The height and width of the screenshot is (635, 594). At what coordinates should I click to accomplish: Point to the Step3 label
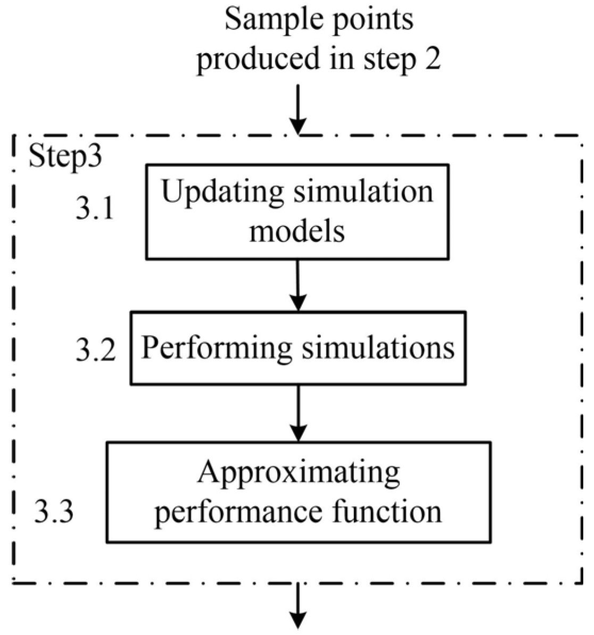click(65, 156)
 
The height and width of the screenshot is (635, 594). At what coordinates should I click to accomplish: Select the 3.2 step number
click(95, 350)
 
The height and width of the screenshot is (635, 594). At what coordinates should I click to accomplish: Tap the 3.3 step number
click(54, 512)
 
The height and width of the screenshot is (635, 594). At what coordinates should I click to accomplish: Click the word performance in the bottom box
click(238, 512)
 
